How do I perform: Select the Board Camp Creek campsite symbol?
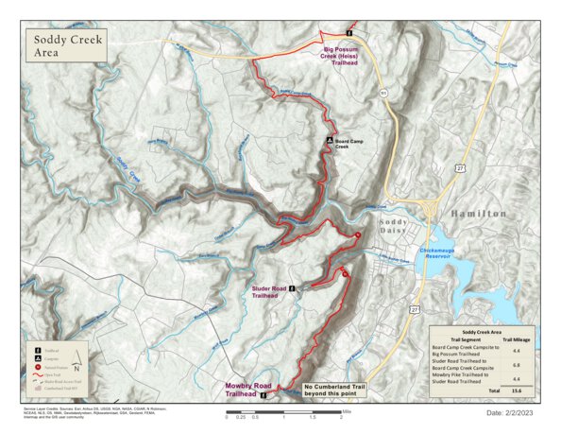coord(330,139)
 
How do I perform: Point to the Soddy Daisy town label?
coord(394,227)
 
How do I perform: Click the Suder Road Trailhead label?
coord(269,290)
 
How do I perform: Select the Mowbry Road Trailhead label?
coord(248,390)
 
